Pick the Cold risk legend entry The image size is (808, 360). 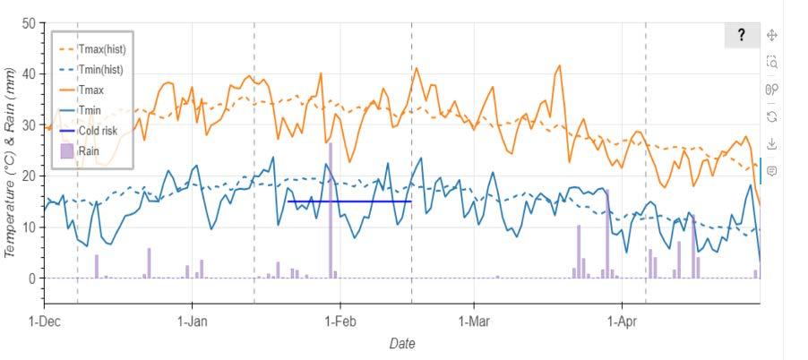(89, 131)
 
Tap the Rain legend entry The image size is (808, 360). (80, 151)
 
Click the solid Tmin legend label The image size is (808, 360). (90, 109)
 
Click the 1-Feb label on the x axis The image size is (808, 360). (340, 321)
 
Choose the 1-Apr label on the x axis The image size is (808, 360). (622, 321)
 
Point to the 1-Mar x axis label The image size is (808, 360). (474, 321)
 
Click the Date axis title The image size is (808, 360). (402, 343)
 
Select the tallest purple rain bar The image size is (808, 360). (331, 210)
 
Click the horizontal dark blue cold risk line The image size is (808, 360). (349, 201)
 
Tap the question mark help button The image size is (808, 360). (742, 35)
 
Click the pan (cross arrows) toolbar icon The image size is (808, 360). (771, 35)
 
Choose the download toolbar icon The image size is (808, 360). (771, 143)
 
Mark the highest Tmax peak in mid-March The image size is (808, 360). (560, 65)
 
